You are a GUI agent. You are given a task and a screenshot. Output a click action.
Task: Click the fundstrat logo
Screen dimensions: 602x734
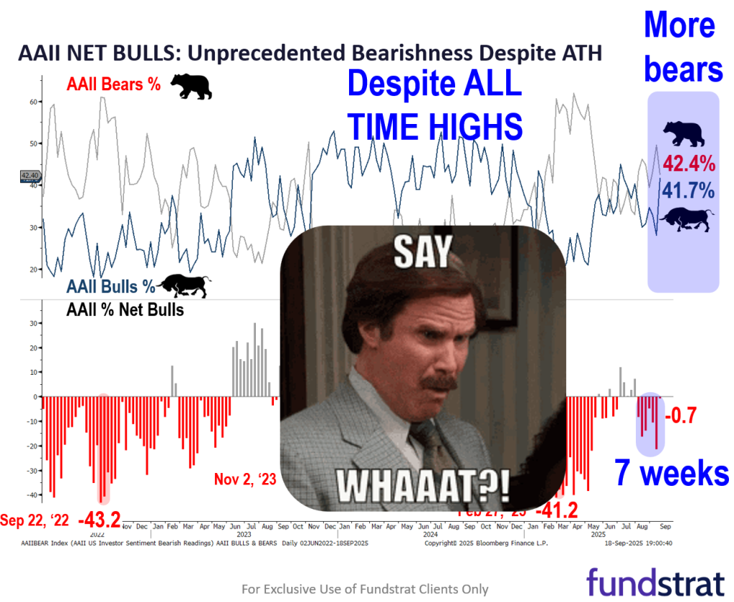click(656, 580)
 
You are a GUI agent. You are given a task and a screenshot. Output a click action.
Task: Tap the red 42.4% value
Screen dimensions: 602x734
click(688, 164)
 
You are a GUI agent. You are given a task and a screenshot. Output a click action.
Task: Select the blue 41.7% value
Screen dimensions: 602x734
click(687, 191)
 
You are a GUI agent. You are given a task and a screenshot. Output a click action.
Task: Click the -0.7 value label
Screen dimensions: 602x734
click(681, 416)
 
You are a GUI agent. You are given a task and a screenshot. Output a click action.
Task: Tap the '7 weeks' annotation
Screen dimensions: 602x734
click(672, 474)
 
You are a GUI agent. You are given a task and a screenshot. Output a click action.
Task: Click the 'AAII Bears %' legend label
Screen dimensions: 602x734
click(113, 84)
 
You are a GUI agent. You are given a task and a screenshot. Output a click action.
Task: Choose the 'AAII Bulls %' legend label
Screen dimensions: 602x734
click(111, 287)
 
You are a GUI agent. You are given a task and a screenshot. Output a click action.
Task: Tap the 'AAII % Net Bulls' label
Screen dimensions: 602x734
click(125, 310)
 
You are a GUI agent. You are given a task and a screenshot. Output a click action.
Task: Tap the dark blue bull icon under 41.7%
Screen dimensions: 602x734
click(686, 219)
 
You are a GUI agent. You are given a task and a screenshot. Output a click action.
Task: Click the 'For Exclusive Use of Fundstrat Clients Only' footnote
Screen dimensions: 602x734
click(365, 589)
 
